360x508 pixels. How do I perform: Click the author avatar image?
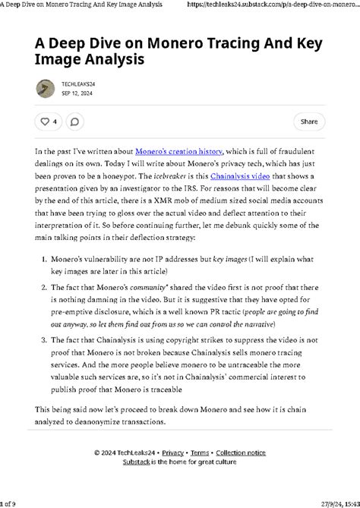(x=45, y=88)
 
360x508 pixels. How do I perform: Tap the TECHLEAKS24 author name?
(x=78, y=84)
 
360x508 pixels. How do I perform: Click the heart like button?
(x=49, y=121)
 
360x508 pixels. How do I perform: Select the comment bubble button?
(x=74, y=121)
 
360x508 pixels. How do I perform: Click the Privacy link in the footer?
(x=172, y=453)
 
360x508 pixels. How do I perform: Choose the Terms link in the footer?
(x=199, y=453)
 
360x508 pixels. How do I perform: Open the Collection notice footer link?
(x=241, y=453)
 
